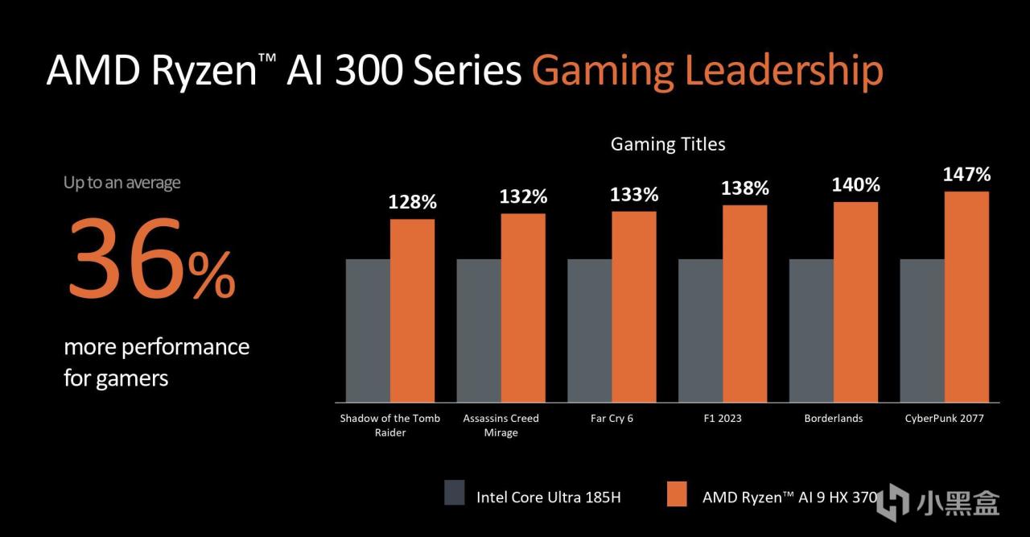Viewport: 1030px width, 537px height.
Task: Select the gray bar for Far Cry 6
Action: [589, 330]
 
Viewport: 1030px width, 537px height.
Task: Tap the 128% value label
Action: [413, 202]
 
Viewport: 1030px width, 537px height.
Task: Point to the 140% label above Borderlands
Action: [856, 184]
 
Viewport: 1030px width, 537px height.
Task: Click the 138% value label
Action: [745, 188]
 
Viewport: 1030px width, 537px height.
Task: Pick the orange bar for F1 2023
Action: [745, 304]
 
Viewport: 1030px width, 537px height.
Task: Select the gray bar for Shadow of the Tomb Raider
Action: [368, 330]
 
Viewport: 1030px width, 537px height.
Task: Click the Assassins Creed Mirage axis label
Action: [501, 425]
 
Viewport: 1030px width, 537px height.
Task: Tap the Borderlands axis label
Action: [834, 419]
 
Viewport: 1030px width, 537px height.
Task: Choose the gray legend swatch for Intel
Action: [455, 494]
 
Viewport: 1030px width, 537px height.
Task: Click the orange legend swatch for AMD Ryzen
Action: [678, 494]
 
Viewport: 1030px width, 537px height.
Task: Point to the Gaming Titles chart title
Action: [668, 144]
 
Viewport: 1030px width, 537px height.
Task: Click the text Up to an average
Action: [122, 183]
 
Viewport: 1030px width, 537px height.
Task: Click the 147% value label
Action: [967, 174]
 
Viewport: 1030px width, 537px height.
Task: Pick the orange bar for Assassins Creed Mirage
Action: [523, 308]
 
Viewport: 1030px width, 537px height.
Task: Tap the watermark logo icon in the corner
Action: [893, 500]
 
